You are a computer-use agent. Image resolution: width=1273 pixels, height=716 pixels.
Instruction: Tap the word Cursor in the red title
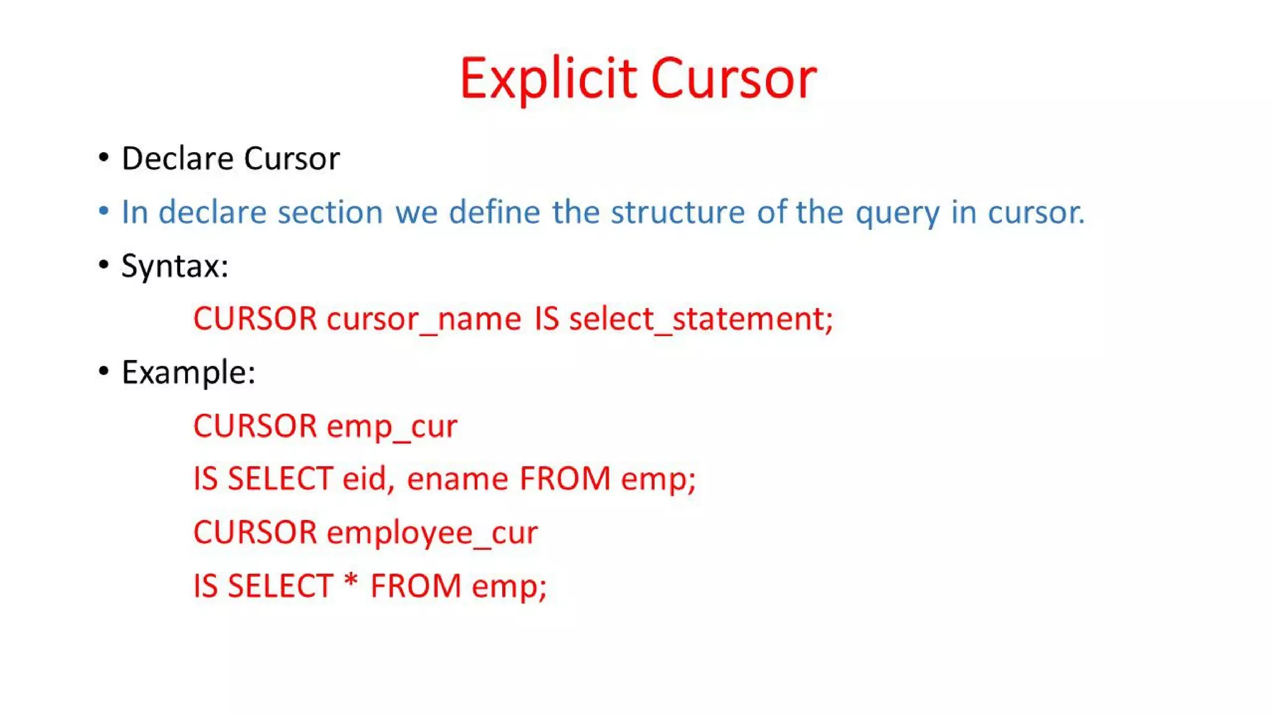pyautogui.click(x=733, y=79)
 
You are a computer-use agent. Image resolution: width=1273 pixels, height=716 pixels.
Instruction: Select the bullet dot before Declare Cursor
pyautogui.click(x=104, y=157)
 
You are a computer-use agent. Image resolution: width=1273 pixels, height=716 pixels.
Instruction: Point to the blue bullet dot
pyautogui.click(x=104, y=211)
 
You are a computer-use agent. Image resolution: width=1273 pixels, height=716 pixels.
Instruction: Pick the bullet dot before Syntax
pyautogui.click(x=104, y=265)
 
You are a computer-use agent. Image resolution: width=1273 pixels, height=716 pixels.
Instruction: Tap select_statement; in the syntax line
pyautogui.click(x=701, y=319)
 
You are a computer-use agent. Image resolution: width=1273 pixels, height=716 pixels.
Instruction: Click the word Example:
pyautogui.click(x=188, y=373)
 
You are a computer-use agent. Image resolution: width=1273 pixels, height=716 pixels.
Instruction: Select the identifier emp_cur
pyautogui.click(x=392, y=427)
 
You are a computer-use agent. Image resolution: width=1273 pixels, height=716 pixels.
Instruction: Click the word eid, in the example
pyautogui.click(x=369, y=479)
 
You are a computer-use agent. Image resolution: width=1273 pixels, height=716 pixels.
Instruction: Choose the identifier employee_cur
pyautogui.click(x=433, y=533)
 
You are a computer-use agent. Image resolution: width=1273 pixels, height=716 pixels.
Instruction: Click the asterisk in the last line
pyautogui.click(x=351, y=583)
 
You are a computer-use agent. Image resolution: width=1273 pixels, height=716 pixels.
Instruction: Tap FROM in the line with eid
pyautogui.click(x=565, y=479)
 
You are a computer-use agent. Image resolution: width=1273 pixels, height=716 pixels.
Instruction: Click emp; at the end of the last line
pyautogui.click(x=509, y=587)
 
